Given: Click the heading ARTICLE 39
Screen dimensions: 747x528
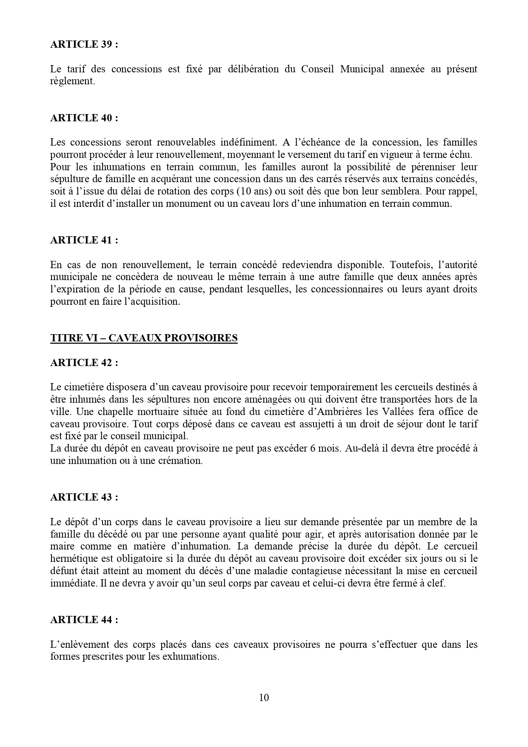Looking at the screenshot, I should (84, 44).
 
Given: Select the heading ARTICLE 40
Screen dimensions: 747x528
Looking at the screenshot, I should (84, 118).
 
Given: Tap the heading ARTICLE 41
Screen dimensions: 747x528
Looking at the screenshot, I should (84, 240).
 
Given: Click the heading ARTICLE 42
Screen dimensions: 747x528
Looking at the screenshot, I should (84, 363).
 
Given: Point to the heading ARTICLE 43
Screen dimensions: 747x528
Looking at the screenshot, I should (84, 497).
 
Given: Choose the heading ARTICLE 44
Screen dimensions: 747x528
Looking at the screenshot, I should (84, 620).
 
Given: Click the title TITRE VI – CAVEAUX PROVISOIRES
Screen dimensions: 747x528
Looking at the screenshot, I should (144, 338).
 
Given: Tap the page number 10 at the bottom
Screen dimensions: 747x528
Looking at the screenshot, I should (264, 698).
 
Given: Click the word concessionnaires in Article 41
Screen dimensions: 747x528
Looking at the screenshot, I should (345, 289).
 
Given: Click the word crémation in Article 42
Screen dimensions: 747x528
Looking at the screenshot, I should (179, 461).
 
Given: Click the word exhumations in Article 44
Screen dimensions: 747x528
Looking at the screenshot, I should (189, 657).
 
